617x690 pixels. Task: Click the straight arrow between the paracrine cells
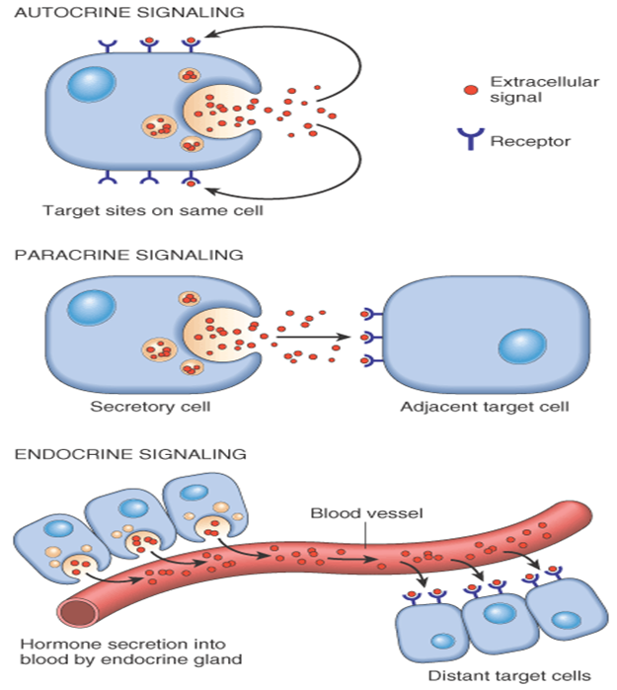point(314,338)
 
